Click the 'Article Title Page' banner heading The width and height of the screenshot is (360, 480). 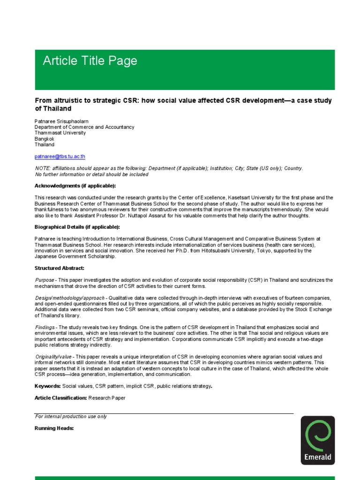pos(90,61)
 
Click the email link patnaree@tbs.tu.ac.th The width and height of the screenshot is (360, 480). pos(60,157)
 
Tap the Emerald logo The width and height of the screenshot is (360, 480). pos(318,440)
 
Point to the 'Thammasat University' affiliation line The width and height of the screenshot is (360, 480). pos(60,133)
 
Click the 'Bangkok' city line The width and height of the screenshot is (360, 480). pos(45,139)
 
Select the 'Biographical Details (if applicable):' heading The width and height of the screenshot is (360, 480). pos(77,227)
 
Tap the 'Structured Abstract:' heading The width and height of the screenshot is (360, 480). pos(60,268)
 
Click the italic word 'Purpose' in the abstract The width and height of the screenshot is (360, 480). pos(45,280)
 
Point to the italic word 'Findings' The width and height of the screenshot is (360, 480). pos(45,327)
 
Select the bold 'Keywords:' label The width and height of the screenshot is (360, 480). pos(48,386)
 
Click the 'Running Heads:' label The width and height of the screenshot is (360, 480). pos(54,428)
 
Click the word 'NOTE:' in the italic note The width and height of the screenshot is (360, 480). pos(44,168)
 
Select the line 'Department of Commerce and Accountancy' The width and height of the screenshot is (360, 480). pos(84,127)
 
